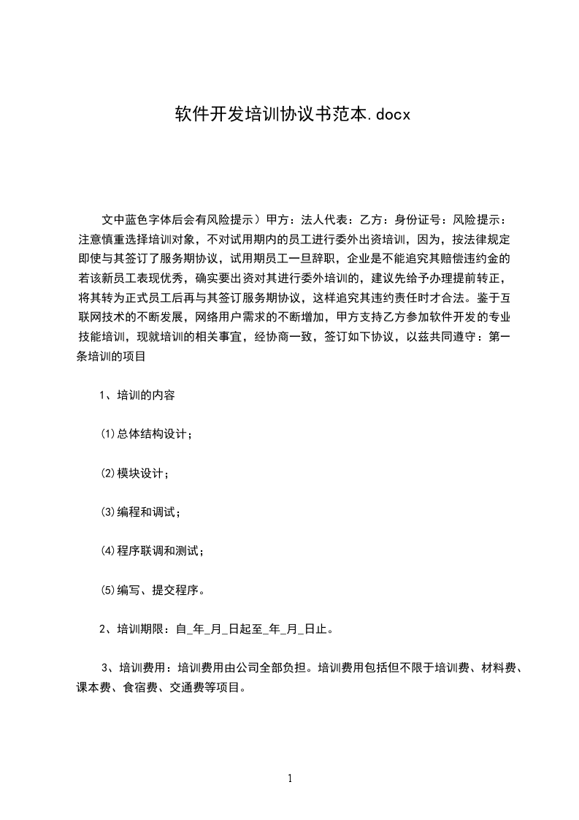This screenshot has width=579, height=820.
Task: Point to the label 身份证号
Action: click(x=420, y=219)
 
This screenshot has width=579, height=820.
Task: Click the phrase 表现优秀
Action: click(x=161, y=278)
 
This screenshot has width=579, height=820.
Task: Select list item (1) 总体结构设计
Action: click(x=146, y=435)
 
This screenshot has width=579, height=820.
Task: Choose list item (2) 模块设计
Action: click(x=134, y=474)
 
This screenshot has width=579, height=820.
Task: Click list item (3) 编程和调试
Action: click(x=139, y=512)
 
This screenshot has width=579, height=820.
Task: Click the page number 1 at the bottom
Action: click(x=290, y=778)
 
